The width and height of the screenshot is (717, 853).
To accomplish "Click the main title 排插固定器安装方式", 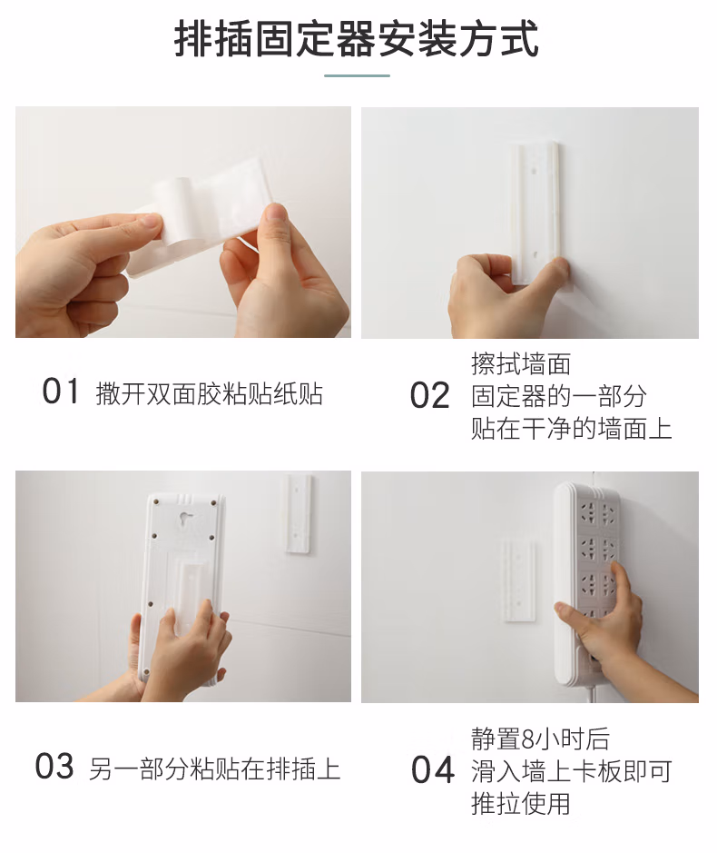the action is coord(357,38).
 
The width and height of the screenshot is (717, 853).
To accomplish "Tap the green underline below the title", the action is coord(358,75).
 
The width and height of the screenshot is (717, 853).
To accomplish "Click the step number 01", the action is coord(60,392).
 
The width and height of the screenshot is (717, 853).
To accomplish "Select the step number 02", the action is coord(429,395).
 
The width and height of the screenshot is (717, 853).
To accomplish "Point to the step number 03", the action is coord(54,767).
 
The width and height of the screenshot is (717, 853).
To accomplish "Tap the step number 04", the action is coord(432,770).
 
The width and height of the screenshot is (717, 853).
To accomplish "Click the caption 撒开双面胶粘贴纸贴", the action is coord(210,393).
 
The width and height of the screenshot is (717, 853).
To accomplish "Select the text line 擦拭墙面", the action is coord(521,364).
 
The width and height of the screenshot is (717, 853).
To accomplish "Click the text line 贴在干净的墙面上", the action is coord(571,428).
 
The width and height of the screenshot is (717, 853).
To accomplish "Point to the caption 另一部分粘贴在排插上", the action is coord(215,769).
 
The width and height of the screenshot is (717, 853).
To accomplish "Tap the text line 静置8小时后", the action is coord(540,739).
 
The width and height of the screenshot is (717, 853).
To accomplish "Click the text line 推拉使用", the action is coord(521,804).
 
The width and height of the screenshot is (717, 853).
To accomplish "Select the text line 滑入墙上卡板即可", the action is coord(571,771).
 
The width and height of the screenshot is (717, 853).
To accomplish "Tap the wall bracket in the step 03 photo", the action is coord(298,514).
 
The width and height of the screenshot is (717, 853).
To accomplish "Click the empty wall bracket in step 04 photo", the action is coord(518,580).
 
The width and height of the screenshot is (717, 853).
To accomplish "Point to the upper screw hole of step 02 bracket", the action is coord(535,170).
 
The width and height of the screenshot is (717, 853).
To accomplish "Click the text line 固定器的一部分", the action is coord(559,396).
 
